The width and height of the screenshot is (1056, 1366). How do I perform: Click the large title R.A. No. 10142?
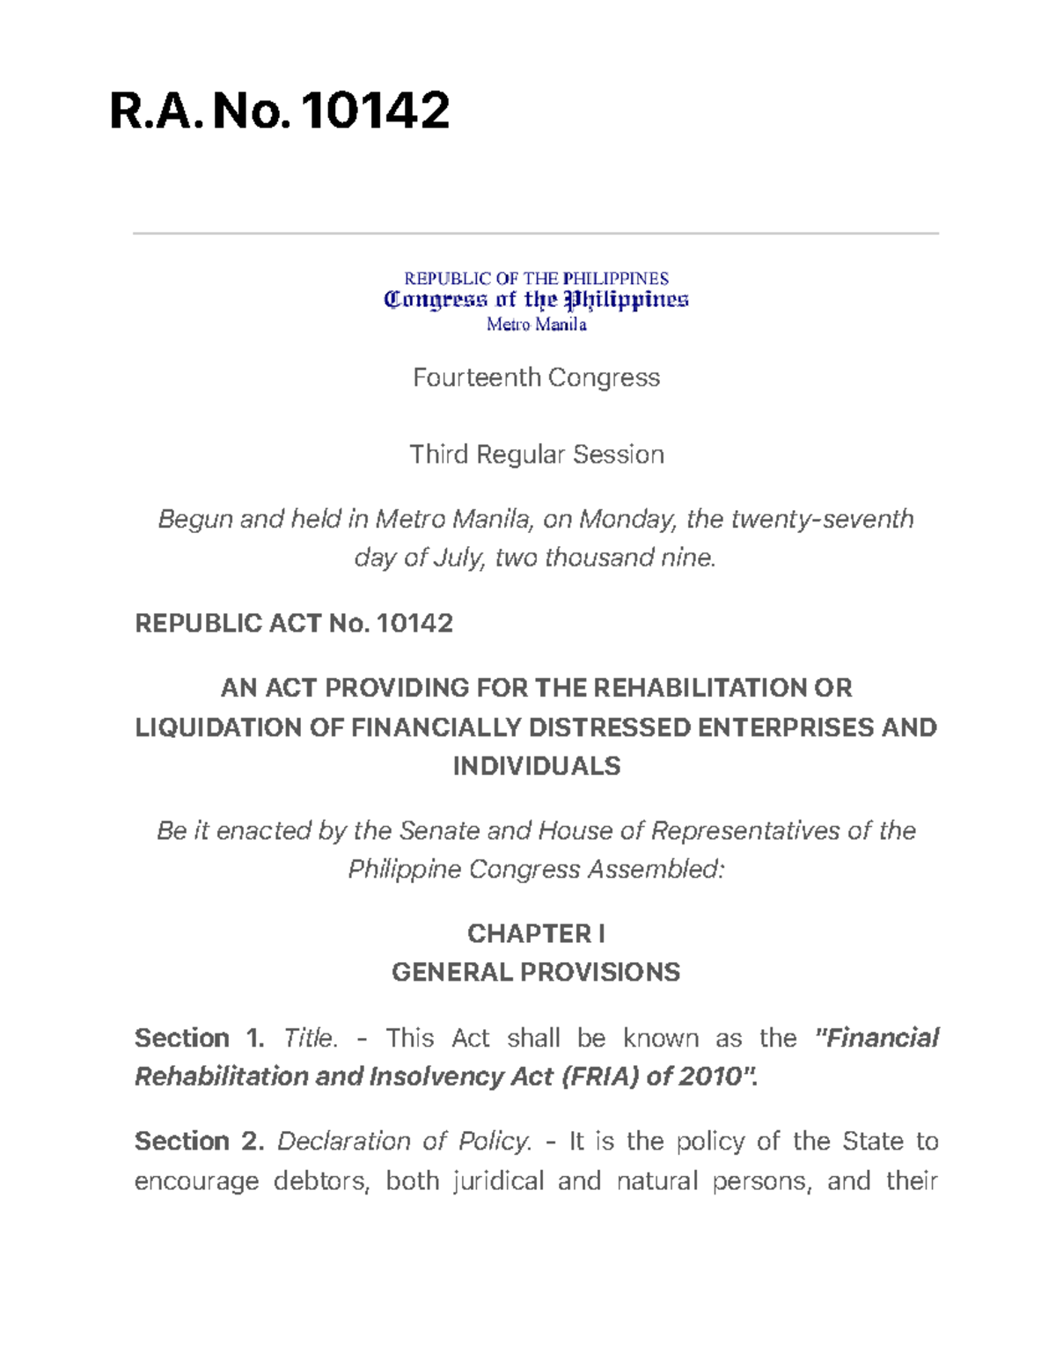pyautogui.click(x=279, y=112)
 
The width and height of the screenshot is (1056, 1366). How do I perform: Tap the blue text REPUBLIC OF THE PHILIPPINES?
pyautogui.click(x=536, y=279)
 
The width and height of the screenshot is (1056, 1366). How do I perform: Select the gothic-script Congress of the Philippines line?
pyautogui.click(x=536, y=301)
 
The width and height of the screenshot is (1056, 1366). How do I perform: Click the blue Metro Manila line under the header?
pyautogui.click(x=536, y=325)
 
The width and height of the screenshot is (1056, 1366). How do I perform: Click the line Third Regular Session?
pyautogui.click(x=536, y=455)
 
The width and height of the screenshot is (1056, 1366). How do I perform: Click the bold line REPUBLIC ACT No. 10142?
pyautogui.click(x=293, y=624)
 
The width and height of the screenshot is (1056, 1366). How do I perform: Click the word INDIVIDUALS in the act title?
pyautogui.click(x=536, y=766)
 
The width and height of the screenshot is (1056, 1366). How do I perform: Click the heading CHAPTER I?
pyautogui.click(x=536, y=933)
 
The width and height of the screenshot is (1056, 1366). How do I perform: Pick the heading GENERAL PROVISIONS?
pyautogui.click(x=536, y=972)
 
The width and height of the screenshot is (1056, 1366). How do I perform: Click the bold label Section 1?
pyautogui.click(x=199, y=1038)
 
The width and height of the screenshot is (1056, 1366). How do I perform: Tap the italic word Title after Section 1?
pyautogui.click(x=310, y=1038)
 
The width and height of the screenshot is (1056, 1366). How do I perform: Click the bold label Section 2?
pyautogui.click(x=199, y=1142)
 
